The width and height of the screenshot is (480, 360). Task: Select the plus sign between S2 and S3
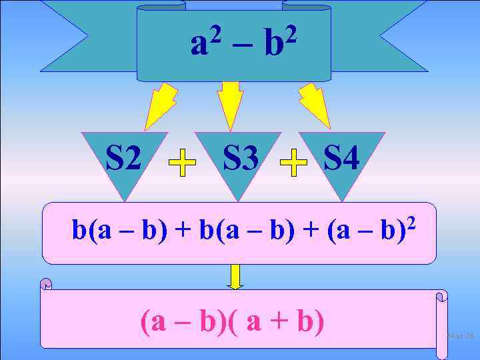coord(182,163)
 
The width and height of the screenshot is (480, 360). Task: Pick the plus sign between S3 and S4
coord(293,163)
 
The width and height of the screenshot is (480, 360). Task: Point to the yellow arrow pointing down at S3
coord(231,103)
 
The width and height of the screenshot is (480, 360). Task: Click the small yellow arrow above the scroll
coord(235,276)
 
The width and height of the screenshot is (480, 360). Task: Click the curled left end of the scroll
coord(46,285)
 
